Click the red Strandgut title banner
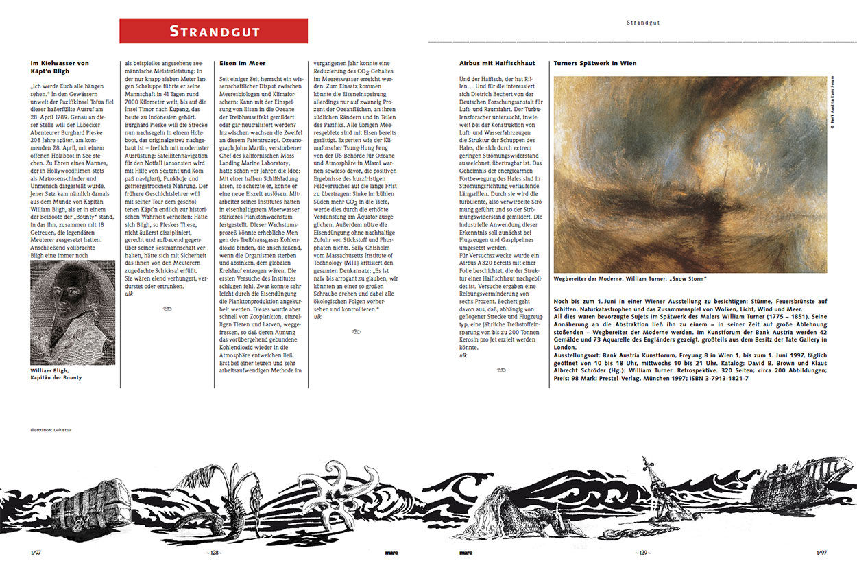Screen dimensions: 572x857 213,31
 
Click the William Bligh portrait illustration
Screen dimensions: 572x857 73,312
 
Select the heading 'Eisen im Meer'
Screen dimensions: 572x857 242,63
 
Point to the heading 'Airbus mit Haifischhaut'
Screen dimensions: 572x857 496,63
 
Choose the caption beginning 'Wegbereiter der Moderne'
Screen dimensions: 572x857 630,278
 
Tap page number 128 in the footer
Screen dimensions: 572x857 214,552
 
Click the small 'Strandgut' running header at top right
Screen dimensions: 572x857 642,23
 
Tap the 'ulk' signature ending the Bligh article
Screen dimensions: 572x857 128,294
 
